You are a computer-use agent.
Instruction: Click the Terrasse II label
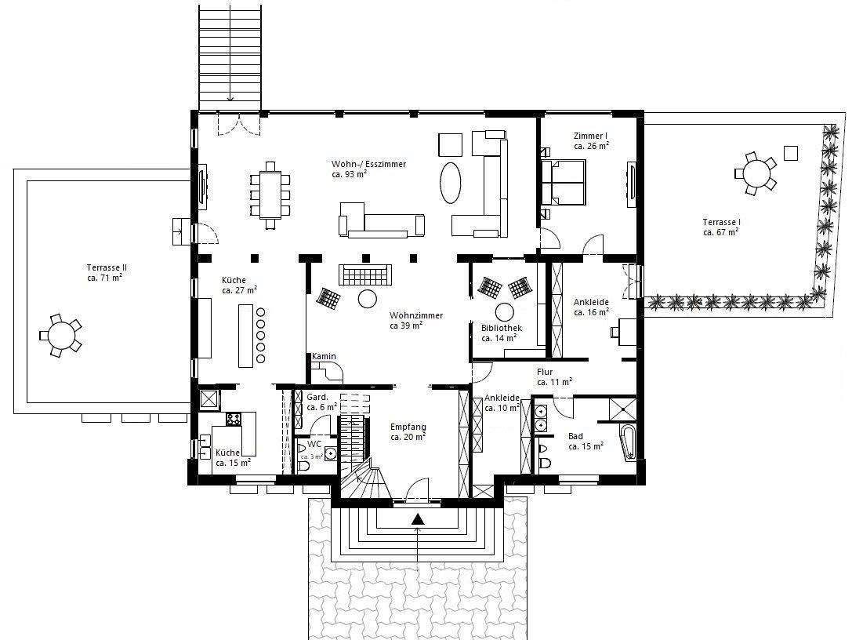pyautogui.click(x=107, y=267)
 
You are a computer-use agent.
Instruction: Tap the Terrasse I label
pyautogui.click(x=721, y=222)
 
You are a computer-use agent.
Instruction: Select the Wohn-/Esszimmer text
pyautogui.click(x=368, y=164)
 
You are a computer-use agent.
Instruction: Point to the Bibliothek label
pyautogui.click(x=502, y=328)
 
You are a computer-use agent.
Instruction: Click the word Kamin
pyautogui.click(x=324, y=356)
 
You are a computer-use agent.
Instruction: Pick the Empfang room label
pyautogui.click(x=408, y=427)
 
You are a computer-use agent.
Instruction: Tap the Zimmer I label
pyautogui.click(x=591, y=136)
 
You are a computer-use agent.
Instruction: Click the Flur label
pyautogui.click(x=545, y=372)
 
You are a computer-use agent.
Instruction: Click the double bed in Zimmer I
pyautogui.click(x=564, y=182)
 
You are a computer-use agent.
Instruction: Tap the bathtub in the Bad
pyautogui.click(x=628, y=442)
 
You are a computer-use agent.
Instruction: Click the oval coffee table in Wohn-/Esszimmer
pyautogui.click(x=451, y=183)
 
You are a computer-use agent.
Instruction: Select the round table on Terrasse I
pyautogui.click(x=756, y=173)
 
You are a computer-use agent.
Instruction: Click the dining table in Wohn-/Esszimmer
pyautogui.click(x=270, y=195)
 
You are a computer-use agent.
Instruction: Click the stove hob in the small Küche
pyautogui.click(x=234, y=419)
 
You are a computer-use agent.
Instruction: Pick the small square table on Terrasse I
pyautogui.click(x=791, y=153)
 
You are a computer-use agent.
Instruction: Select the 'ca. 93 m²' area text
pyautogui.click(x=349, y=174)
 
